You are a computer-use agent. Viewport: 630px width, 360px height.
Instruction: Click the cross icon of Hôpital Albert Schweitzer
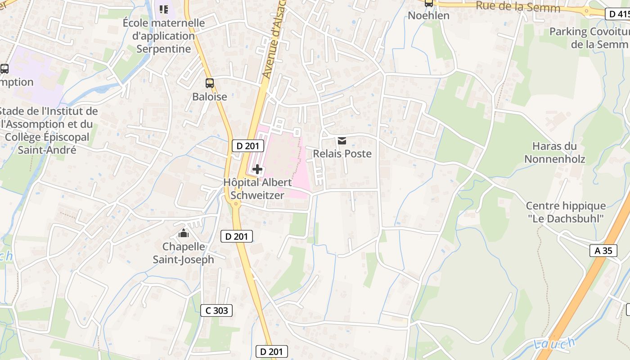click(x=257, y=169)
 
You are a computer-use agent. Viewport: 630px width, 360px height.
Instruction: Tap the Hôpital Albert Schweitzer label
click(x=257, y=189)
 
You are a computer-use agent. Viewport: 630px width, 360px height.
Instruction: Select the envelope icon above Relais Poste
click(x=342, y=141)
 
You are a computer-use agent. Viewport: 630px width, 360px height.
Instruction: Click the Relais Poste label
click(x=342, y=153)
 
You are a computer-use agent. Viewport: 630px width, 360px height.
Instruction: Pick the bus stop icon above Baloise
click(x=210, y=83)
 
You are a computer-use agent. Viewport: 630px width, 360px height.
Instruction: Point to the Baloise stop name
click(x=210, y=96)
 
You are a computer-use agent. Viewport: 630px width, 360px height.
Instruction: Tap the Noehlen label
click(x=428, y=15)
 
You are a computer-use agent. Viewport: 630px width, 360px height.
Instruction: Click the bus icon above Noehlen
click(x=429, y=3)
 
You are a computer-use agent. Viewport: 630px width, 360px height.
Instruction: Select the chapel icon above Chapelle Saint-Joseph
click(x=184, y=234)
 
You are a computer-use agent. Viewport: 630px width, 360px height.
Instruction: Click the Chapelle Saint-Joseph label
click(x=184, y=253)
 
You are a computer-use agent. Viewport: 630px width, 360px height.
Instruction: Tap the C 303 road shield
click(x=216, y=310)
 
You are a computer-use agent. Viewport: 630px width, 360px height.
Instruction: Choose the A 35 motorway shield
click(x=603, y=251)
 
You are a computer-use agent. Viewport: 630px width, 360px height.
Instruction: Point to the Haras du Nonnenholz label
click(x=554, y=153)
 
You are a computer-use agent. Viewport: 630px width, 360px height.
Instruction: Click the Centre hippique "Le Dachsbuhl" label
click(x=566, y=212)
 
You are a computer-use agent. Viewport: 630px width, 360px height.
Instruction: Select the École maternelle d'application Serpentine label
click(x=164, y=36)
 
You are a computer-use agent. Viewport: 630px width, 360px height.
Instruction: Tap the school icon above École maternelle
click(x=164, y=9)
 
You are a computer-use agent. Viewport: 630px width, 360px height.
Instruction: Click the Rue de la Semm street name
click(x=517, y=7)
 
